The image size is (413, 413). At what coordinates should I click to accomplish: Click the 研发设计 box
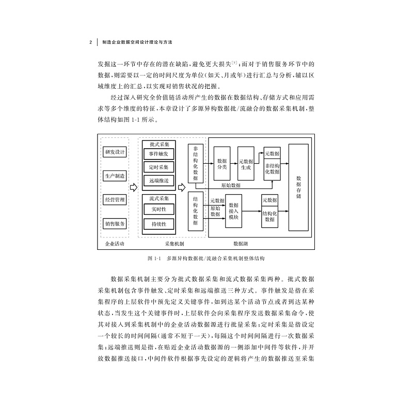click(x=115, y=152)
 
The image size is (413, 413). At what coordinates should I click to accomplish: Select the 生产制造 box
click(x=115, y=176)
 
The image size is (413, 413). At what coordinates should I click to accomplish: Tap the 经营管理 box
click(x=115, y=200)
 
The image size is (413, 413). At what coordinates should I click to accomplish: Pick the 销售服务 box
click(x=115, y=224)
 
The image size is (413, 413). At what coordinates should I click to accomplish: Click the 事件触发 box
click(x=158, y=154)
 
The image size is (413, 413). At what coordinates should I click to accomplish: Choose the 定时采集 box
click(x=158, y=167)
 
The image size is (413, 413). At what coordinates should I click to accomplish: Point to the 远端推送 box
click(x=158, y=181)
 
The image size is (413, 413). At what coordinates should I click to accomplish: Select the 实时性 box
click(x=158, y=210)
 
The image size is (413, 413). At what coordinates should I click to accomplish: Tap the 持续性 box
click(x=158, y=225)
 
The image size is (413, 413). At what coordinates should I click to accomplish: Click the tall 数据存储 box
click(x=298, y=187)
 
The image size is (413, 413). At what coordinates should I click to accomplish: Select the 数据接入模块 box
click(x=233, y=211)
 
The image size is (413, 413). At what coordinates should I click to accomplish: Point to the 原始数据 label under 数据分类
click(x=230, y=185)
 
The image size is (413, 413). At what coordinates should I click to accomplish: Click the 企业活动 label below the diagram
click(x=115, y=243)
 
